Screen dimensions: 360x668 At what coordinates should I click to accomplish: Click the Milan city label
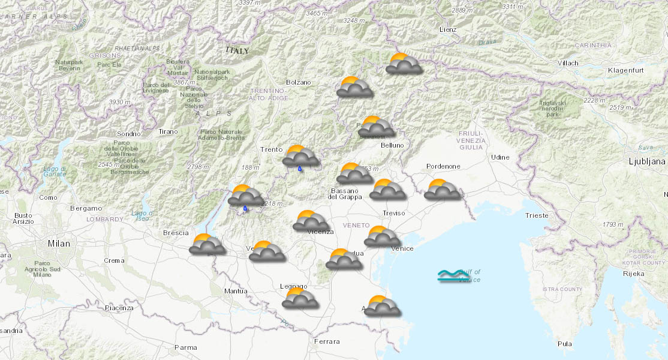pos(59,244)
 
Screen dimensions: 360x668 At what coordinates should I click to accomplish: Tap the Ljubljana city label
pos(646,161)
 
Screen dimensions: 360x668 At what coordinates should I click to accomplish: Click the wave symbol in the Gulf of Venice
pos(451,276)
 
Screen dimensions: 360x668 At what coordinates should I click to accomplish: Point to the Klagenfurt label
pos(625,71)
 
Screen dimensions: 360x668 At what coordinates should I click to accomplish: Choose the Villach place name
pos(567,63)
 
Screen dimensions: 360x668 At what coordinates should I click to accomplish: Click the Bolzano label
pos(299,82)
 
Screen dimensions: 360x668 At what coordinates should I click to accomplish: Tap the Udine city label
pos(500,157)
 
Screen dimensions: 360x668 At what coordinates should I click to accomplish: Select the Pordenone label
pos(443,166)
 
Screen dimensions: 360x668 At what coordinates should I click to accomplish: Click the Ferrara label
pos(327,342)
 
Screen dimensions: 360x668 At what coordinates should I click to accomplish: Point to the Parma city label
pos(185,347)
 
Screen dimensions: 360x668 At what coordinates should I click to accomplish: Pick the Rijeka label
pos(633,274)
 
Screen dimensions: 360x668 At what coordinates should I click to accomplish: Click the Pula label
pos(564,344)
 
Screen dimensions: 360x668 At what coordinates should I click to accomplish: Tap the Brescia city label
pos(176,233)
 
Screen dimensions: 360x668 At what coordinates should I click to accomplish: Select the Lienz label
pos(447,29)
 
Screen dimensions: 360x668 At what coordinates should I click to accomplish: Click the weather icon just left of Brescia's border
pos(207,244)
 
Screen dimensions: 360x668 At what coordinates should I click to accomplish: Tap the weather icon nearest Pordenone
pos(442,190)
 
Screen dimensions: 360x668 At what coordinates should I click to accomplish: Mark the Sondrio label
pos(129,133)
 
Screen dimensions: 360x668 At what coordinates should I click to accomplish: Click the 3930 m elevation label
pos(119,102)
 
